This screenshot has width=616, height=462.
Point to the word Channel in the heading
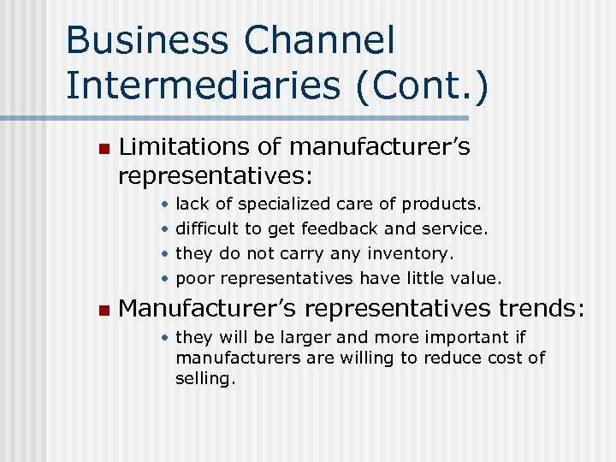337,41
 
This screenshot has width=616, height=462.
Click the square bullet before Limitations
104,149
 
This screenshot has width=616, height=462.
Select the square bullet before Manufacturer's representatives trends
104,309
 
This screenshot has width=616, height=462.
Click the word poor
195,278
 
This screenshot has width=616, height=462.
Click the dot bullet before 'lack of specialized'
163,204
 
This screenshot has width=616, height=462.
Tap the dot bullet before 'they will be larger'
163,337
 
